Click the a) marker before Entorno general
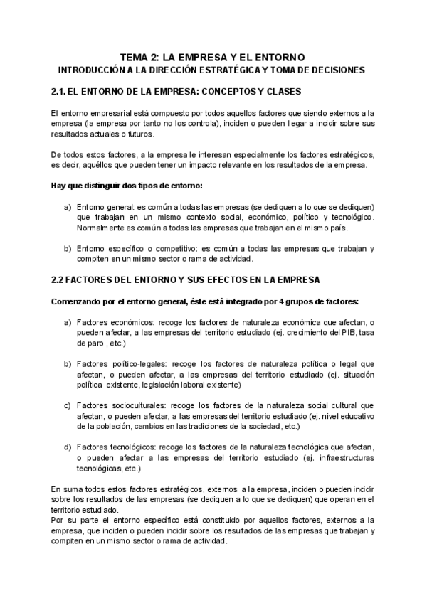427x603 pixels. point(68,206)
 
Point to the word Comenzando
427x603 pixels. point(80,301)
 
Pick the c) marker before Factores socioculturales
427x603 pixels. point(68,405)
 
